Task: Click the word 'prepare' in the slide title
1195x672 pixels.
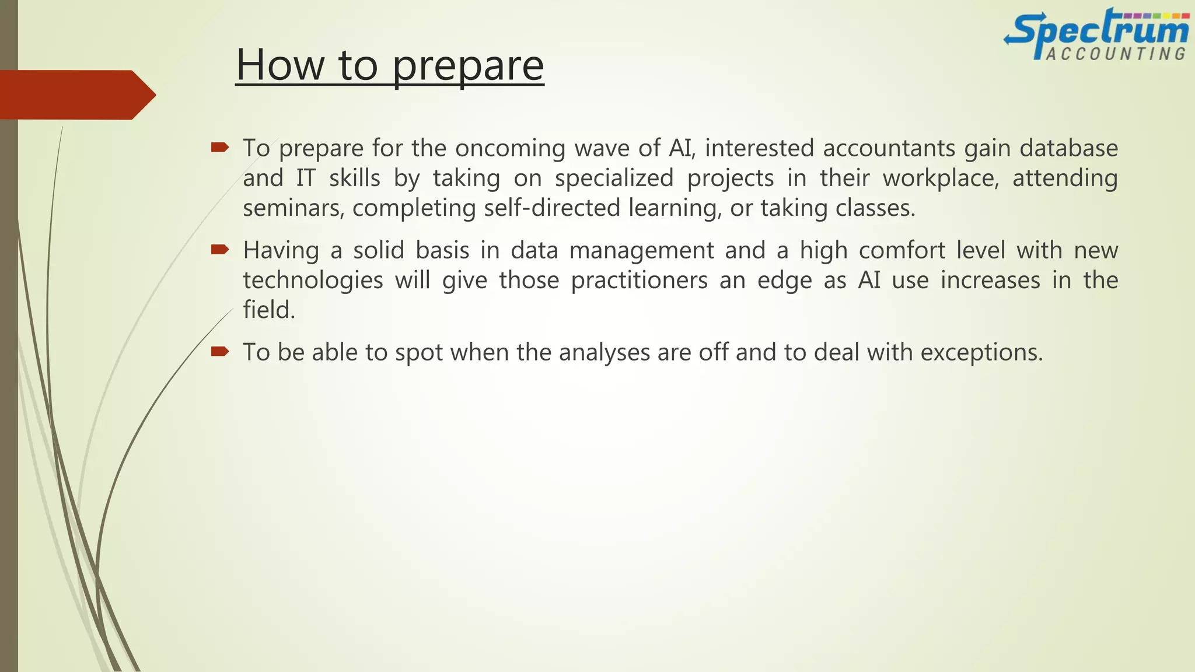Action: [468, 65]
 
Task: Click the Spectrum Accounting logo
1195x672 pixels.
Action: [1096, 34]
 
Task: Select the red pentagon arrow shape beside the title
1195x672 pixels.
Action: [76, 94]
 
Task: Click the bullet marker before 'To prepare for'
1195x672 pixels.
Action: [220, 148]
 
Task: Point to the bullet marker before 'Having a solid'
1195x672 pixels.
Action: [220, 250]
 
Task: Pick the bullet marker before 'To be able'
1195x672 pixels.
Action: [220, 351]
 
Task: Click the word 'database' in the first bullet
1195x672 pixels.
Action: [1068, 148]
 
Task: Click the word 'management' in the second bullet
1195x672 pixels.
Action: [641, 251]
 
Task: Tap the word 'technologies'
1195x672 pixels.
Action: [313, 281]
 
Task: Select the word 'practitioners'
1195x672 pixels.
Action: [639, 281]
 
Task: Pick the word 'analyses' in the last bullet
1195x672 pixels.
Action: [604, 352]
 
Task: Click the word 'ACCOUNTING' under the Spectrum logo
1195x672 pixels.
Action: [1116, 54]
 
